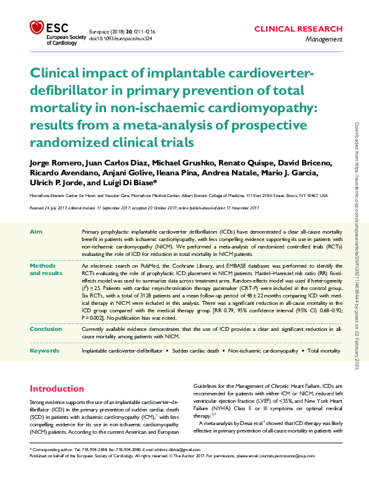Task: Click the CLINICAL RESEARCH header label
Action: point(298,29)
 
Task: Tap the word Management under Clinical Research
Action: point(324,39)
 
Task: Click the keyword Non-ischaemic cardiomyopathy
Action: point(263,351)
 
